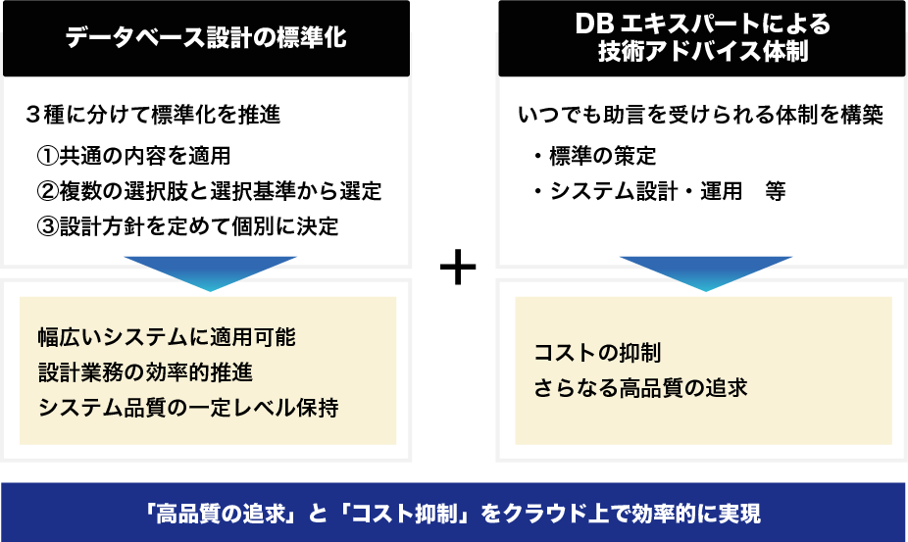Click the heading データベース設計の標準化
pos(206,39)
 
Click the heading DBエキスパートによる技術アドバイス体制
pos(702,38)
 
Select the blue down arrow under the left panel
pos(210,271)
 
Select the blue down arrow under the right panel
pos(705,271)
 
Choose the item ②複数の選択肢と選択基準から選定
pos(208,191)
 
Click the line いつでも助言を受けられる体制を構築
pos(700,115)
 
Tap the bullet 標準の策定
pos(601,156)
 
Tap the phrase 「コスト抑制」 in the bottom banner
pos(413,513)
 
